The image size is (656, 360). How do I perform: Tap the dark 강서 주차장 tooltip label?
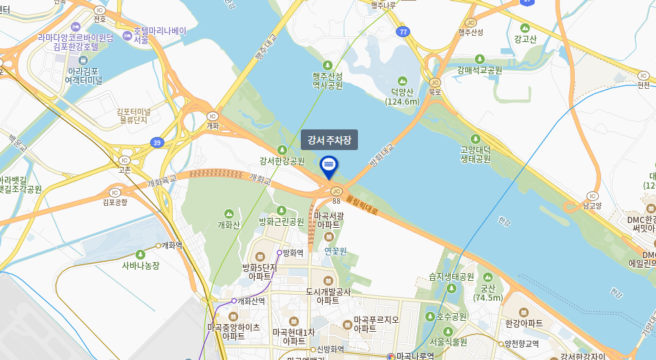329,140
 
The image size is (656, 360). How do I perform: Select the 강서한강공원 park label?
282,161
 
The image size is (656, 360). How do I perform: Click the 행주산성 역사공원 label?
327,81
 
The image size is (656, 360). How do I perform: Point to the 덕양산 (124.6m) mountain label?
402,97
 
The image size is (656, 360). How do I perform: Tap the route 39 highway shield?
157,142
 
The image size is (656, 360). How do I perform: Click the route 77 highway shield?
403,32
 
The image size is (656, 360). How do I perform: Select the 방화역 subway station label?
293,253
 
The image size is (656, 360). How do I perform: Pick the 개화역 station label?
171,245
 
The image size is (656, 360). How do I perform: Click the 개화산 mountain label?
229,224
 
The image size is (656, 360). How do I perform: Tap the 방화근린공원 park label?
281,222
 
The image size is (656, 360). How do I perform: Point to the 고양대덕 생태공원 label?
475,153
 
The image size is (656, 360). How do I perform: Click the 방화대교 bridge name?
381,155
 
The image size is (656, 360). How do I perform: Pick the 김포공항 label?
116,202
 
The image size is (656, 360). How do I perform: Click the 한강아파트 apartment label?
524,324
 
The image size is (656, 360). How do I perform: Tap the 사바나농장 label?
140,265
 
